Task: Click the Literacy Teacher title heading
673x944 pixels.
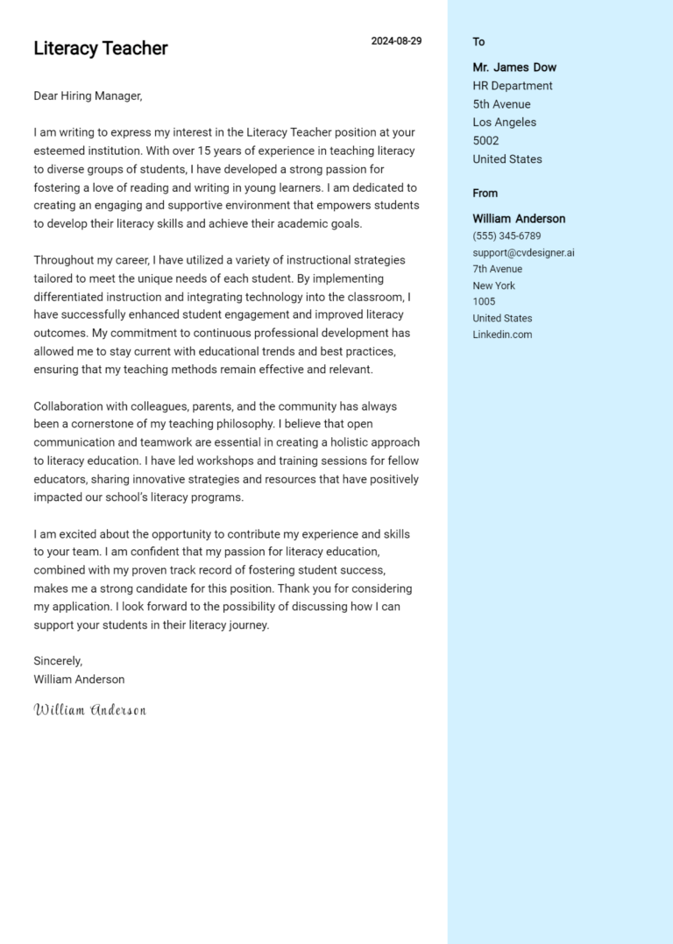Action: pyautogui.click(x=100, y=48)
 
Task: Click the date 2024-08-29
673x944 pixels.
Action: pyautogui.click(x=396, y=41)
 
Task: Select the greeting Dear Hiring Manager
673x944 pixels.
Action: pyautogui.click(x=88, y=96)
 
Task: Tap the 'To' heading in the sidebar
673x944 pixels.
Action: pyautogui.click(x=478, y=42)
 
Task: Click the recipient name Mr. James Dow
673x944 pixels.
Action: pyautogui.click(x=514, y=67)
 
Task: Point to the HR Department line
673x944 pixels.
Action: pyautogui.click(x=513, y=86)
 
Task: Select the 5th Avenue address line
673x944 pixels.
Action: pyautogui.click(x=501, y=104)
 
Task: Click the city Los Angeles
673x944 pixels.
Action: pyautogui.click(x=504, y=123)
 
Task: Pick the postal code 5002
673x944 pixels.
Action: pyautogui.click(x=485, y=141)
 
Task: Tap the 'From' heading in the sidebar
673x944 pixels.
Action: pyautogui.click(x=485, y=194)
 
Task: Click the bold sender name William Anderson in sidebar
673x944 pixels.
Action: pyautogui.click(x=519, y=219)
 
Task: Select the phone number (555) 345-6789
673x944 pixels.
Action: pyautogui.click(x=507, y=236)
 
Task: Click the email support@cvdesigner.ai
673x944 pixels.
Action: pyautogui.click(x=523, y=253)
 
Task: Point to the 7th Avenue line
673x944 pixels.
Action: pyautogui.click(x=497, y=269)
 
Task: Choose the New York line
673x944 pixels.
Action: pyautogui.click(x=493, y=285)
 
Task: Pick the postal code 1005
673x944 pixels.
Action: pyautogui.click(x=484, y=302)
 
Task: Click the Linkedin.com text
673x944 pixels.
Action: pyautogui.click(x=502, y=335)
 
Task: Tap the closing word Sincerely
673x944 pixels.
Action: pyautogui.click(x=58, y=661)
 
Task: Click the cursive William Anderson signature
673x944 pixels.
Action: pyautogui.click(x=89, y=709)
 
